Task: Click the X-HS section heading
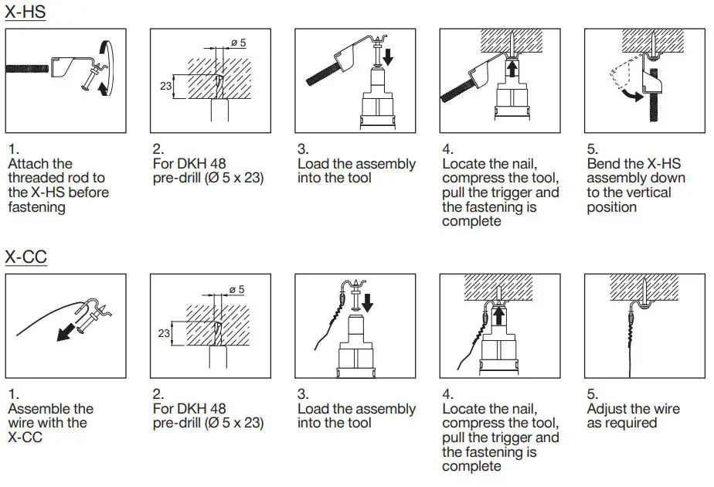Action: pyautogui.click(x=25, y=12)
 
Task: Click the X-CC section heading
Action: pyautogui.click(x=26, y=257)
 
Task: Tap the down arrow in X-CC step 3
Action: pyautogui.click(x=367, y=302)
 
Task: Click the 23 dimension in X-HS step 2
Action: pyautogui.click(x=165, y=86)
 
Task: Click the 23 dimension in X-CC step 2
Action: pyautogui.click(x=164, y=333)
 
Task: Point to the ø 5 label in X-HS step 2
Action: pyautogui.click(x=237, y=43)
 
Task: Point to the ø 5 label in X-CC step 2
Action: pyautogui.click(x=236, y=288)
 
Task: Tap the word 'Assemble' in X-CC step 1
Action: pyautogui.click(x=40, y=409)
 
